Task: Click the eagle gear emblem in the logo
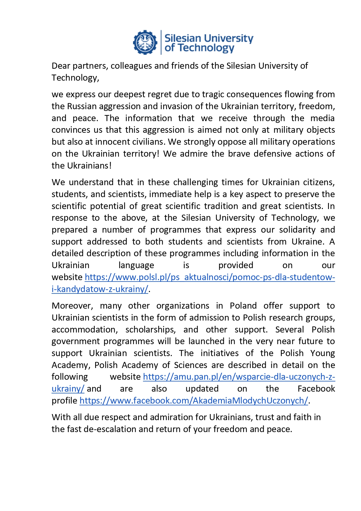tap(145, 43)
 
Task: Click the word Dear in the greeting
tap(61, 66)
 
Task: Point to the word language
tap(136, 265)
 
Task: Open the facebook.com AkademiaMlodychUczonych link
tap(194, 401)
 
